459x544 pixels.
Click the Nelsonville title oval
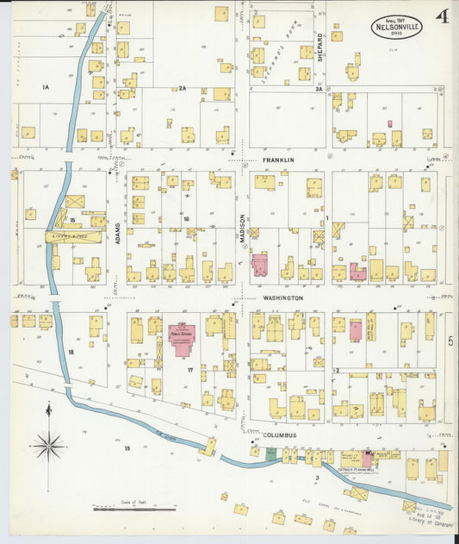click(396, 27)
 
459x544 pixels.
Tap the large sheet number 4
click(442, 16)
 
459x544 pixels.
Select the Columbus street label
click(280, 435)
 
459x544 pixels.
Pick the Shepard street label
click(319, 44)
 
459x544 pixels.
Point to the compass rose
click(48, 447)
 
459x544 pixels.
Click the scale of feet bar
click(134, 510)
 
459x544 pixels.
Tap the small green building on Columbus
click(272, 454)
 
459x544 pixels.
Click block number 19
click(126, 448)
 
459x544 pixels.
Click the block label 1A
click(46, 87)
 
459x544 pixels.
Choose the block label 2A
click(183, 87)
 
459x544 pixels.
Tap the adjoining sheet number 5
click(450, 341)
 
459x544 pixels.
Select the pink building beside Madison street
click(258, 264)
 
